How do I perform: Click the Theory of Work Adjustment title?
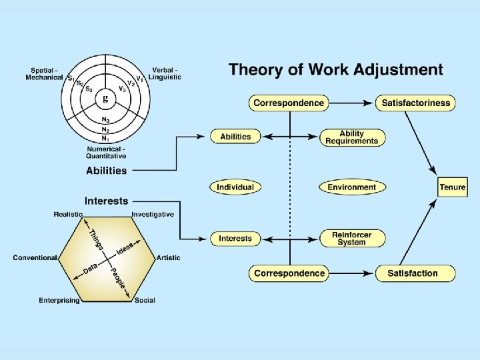[335, 69]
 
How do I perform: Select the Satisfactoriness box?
[415, 103]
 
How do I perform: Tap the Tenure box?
[452, 187]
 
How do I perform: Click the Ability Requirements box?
[351, 137]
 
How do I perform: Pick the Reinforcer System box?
[351, 238]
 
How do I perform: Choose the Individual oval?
[235, 187]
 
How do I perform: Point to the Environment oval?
[351, 187]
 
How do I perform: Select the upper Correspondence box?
[289, 103]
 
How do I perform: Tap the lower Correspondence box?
[289, 273]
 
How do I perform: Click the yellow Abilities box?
[235, 137]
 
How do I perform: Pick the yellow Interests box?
[235, 238]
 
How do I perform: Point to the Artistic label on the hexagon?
[168, 257]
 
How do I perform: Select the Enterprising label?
[59, 301]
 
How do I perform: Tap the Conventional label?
[35, 257]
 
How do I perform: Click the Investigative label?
[153, 214]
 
